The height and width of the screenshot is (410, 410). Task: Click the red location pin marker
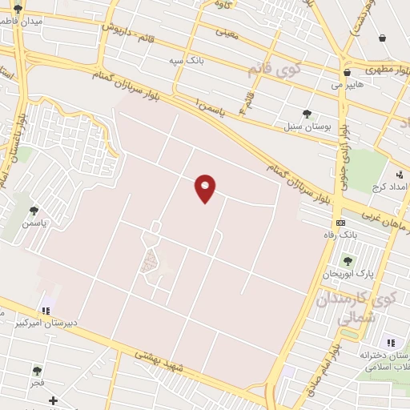pos(206,188)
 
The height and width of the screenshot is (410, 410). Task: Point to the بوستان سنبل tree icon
pos(307,114)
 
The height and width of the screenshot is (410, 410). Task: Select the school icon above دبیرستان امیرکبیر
pos(46,310)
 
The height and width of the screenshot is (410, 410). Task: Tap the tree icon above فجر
pos(37,371)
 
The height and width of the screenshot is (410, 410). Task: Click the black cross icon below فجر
pos(53,400)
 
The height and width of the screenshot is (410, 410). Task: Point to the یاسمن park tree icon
pos(34,211)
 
